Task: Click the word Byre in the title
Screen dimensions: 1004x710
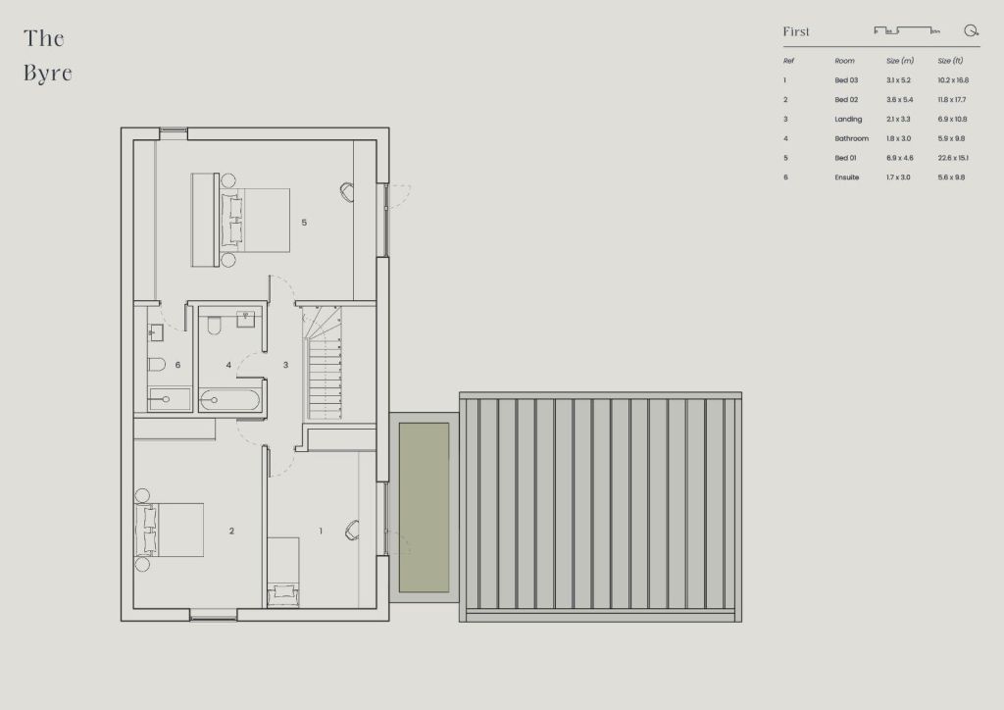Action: [x=48, y=74]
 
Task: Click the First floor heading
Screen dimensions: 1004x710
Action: [x=796, y=31]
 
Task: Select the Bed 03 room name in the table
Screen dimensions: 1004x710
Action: [x=846, y=80]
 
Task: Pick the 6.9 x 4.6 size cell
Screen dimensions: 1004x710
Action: [x=900, y=158]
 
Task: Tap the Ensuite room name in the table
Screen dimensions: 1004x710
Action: [x=846, y=177]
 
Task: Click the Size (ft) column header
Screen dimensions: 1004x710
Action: [x=950, y=61]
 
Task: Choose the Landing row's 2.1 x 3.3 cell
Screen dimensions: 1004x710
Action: [x=898, y=119]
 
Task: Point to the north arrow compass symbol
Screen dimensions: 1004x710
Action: [x=972, y=30]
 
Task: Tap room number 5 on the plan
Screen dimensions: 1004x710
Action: [x=304, y=223]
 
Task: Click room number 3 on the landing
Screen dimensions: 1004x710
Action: [x=285, y=365]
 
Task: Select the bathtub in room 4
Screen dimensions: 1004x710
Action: [x=229, y=400]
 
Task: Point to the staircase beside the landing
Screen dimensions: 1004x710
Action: [x=325, y=363]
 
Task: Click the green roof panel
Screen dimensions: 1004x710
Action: [x=424, y=507]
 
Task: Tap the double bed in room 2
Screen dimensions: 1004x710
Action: [x=169, y=531]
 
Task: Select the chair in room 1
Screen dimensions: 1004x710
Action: [x=352, y=530]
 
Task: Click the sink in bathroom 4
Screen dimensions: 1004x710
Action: [x=246, y=318]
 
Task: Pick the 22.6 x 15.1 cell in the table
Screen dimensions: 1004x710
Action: [x=953, y=158]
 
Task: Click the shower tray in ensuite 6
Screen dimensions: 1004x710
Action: [x=170, y=399]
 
